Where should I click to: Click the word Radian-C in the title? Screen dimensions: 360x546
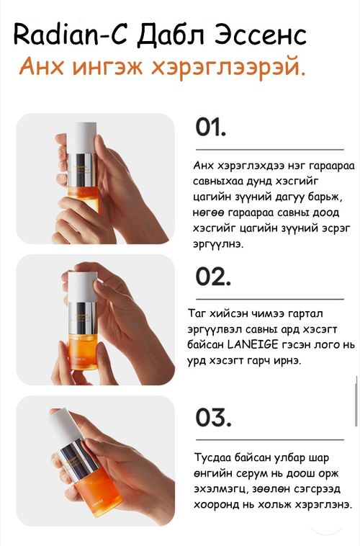tap(69, 35)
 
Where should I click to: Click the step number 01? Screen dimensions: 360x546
tap(210, 127)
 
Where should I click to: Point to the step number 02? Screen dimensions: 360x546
tap(212, 277)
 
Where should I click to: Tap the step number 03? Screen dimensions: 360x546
tap(213, 418)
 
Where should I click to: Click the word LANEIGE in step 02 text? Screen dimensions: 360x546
tap(253, 345)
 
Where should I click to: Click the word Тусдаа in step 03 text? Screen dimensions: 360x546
tap(212, 457)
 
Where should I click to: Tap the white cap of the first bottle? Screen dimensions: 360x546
tap(82, 138)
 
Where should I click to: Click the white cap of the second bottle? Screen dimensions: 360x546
tap(82, 287)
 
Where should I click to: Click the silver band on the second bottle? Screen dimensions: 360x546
tap(82, 318)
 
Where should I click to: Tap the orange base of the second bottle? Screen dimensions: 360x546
tap(83, 352)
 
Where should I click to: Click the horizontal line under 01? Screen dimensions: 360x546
tap(270, 150)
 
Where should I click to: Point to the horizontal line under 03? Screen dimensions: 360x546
tap(270, 440)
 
